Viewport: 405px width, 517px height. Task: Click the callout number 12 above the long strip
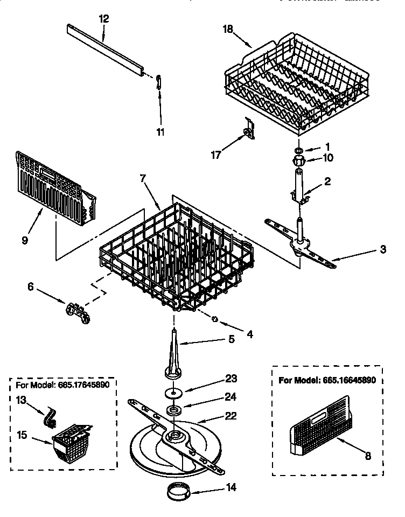(x=104, y=18)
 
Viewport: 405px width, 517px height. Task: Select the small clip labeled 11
(x=158, y=81)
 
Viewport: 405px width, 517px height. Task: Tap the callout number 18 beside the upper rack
(x=227, y=29)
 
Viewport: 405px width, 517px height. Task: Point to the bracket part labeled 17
(x=249, y=129)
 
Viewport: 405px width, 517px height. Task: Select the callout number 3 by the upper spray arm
(x=382, y=249)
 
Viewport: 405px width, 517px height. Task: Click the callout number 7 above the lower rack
(x=143, y=178)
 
